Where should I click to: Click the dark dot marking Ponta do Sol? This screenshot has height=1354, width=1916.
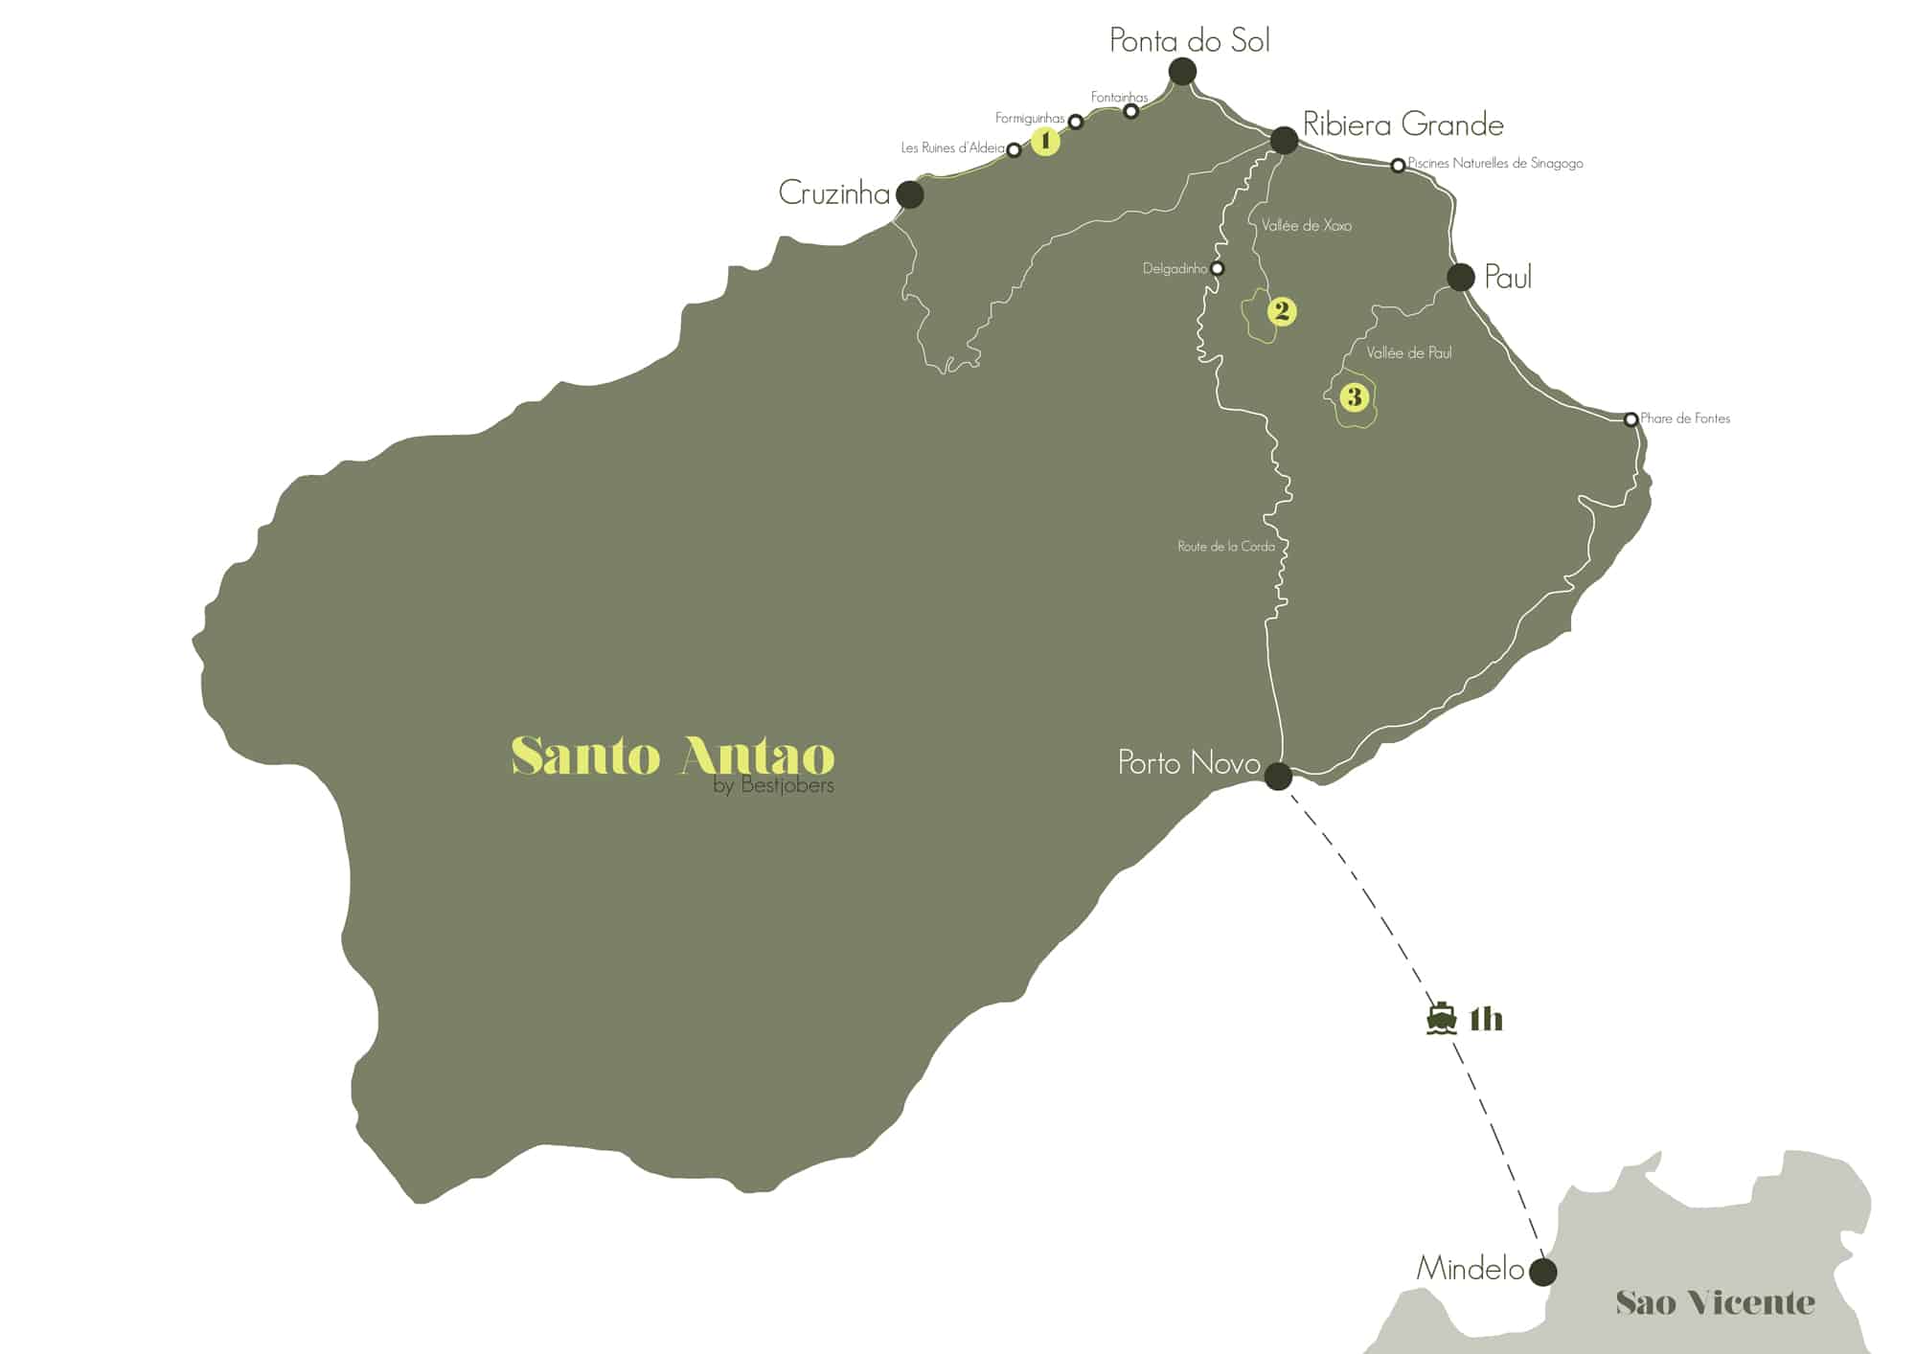click(x=1182, y=71)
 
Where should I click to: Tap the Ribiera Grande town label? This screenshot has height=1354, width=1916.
click(x=1403, y=124)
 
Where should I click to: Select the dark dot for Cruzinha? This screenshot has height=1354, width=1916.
click(x=909, y=194)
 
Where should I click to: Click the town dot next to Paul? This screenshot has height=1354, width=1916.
click(x=1460, y=277)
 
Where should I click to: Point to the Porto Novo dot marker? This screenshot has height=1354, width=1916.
click(x=1278, y=776)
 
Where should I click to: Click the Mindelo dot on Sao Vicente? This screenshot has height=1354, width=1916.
click(x=1542, y=1273)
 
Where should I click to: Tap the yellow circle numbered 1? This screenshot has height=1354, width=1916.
click(x=1045, y=142)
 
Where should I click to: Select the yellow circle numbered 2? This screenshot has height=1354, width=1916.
click(x=1281, y=311)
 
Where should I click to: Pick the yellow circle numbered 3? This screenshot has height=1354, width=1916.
click(x=1354, y=396)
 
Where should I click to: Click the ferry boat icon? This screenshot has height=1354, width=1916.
click(x=1441, y=1019)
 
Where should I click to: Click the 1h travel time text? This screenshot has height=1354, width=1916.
click(x=1486, y=1020)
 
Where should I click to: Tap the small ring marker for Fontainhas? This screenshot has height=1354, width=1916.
click(x=1130, y=111)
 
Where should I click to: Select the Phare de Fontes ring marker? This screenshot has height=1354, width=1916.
click(x=1631, y=419)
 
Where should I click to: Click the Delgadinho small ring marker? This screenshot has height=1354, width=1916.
click(x=1217, y=269)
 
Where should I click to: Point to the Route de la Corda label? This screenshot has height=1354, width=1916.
click(x=1226, y=547)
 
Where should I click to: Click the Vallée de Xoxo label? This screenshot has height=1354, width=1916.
click(x=1307, y=226)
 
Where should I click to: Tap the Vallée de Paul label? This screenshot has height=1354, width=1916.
click(x=1408, y=353)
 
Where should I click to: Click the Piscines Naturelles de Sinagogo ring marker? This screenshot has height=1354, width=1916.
click(x=1398, y=166)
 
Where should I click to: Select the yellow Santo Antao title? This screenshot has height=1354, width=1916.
click(x=673, y=756)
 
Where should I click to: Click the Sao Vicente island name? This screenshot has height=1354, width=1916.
click(x=1715, y=1302)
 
